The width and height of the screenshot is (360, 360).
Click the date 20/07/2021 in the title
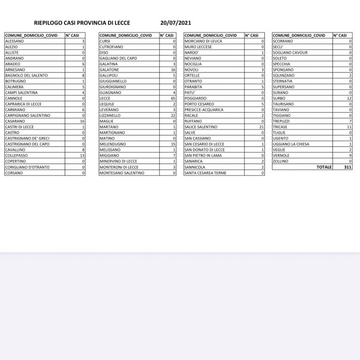(176, 23)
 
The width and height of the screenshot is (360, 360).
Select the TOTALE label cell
(324, 167)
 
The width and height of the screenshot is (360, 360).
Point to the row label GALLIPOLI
(109, 76)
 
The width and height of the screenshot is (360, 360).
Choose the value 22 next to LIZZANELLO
(173, 115)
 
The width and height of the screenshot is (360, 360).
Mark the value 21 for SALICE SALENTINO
(262, 127)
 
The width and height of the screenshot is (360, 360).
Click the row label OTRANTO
(192, 81)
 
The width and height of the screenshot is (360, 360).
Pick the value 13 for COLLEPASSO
(82, 155)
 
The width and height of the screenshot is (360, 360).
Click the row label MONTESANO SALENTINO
(122, 173)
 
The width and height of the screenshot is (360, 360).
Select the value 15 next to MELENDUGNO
(173, 144)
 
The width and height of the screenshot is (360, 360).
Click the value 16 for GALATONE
(173, 69)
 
